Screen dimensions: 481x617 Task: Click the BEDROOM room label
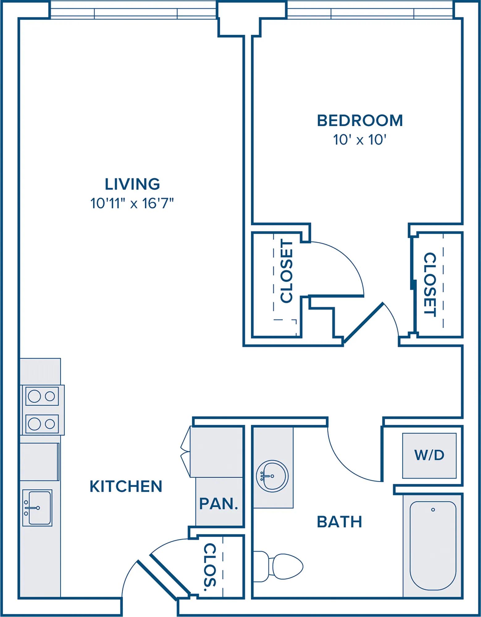360,121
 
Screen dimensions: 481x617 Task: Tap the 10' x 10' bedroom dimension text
360,140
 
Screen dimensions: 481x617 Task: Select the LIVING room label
132,184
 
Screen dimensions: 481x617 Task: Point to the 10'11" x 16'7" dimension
132,204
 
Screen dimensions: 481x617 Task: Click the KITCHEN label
126,487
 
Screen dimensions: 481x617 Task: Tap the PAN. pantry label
219,504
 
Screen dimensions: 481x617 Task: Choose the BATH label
339,522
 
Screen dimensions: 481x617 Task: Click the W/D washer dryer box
429,455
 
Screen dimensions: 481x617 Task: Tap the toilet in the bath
278,566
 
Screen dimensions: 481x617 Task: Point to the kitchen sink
37,508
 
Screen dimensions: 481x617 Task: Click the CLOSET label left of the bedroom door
286,271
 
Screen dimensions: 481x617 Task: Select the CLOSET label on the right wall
430,284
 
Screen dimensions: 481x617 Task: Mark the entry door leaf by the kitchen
169,573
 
